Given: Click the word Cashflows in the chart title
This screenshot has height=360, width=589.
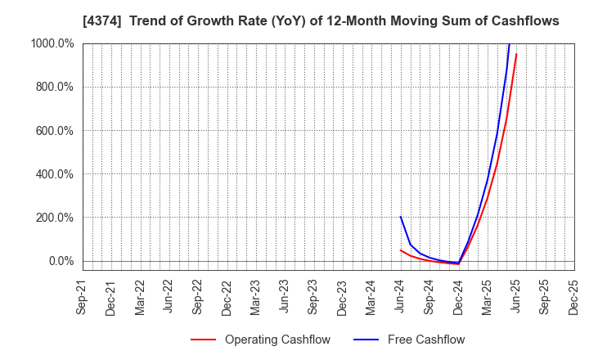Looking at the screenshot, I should click(x=524, y=21).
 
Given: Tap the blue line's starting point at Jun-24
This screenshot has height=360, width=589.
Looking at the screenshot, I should click(x=401, y=217).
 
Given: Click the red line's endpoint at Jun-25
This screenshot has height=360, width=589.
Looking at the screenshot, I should click(x=516, y=54).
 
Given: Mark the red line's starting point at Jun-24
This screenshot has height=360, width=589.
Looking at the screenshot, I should click(x=401, y=250).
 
